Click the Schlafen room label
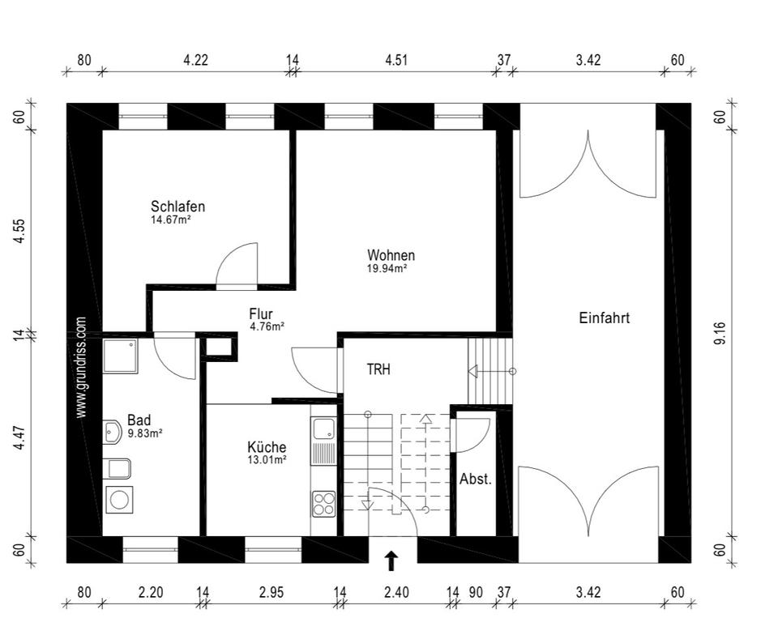(177, 207)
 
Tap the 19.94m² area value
(387, 268)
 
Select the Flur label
(261, 314)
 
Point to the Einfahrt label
(605, 318)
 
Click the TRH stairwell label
(378, 369)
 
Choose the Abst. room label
(476, 480)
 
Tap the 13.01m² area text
(267, 460)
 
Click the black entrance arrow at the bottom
(392, 561)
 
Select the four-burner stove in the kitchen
(323, 503)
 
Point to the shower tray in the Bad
(121, 356)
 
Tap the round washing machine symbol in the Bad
(119, 500)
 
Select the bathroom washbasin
(113, 432)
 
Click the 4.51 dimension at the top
(396, 60)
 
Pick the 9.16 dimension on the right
(720, 333)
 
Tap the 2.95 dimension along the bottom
(272, 592)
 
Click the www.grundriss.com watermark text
(81, 368)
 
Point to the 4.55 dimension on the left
(19, 231)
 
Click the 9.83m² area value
(145, 433)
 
